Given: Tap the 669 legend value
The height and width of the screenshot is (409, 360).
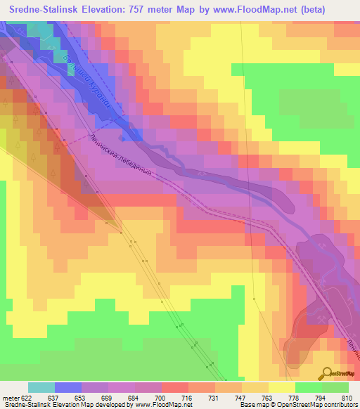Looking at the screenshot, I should pos(109,398).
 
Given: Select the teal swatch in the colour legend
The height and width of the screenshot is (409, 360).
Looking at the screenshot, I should pos(41,387).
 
